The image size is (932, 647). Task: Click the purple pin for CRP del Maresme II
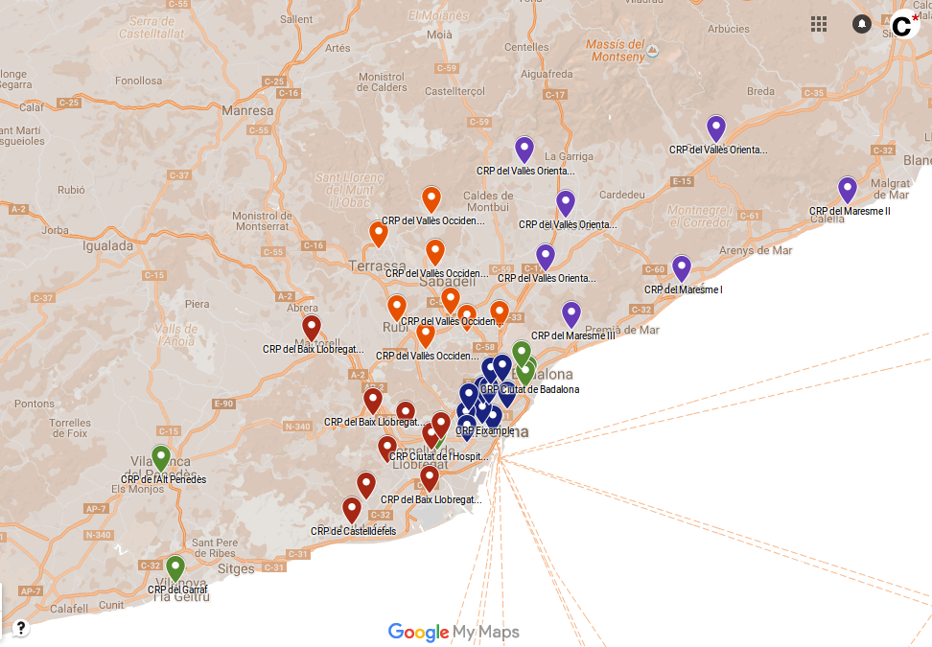pyautogui.click(x=847, y=189)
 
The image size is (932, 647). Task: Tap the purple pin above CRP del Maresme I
pyautogui.click(x=682, y=267)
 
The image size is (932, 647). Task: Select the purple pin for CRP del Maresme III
pyautogui.click(x=571, y=313)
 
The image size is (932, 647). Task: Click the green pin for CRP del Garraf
pyautogui.click(x=175, y=567)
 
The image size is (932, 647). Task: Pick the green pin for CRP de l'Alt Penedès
pyautogui.click(x=161, y=457)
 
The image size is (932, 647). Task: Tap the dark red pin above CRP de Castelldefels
pyautogui.click(x=352, y=509)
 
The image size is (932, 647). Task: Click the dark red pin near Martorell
pyautogui.click(x=312, y=327)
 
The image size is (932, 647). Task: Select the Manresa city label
pyautogui.click(x=247, y=111)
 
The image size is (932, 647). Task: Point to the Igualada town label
pyautogui.click(x=107, y=245)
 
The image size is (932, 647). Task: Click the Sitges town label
pyautogui.click(x=236, y=569)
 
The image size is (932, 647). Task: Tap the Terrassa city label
pyautogui.click(x=372, y=266)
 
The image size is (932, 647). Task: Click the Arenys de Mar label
pyautogui.click(x=756, y=251)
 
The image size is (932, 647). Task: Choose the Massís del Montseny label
pyautogui.click(x=616, y=51)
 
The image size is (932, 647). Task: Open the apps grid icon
pyautogui.click(x=819, y=24)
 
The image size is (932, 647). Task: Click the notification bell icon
pyautogui.click(x=862, y=24)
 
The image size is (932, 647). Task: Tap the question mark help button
pyautogui.click(x=20, y=629)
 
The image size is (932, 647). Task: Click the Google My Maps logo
pyautogui.click(x=454, y=632)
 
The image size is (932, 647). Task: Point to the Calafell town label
pyautogui.click(x=69, y=607)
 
